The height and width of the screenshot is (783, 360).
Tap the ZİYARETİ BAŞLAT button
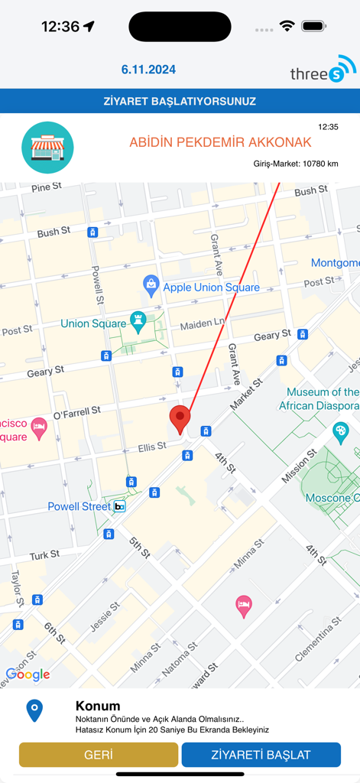[x=261, y=755]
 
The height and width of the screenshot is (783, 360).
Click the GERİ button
[x=98, y=755]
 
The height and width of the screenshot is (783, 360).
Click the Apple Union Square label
[x=211, y=288]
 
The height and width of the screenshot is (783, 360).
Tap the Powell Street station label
[x=79, y=506]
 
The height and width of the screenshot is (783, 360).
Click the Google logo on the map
[x=28, y=674]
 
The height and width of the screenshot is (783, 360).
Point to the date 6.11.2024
[x=148, y=70]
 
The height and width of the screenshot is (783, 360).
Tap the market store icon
[x=47, y=148]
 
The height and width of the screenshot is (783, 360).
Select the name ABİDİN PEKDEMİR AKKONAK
[x=220, y=143]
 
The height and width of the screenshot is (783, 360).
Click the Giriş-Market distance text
[x=296, y=164]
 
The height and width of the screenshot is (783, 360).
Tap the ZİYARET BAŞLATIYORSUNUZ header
[x=180, y=101]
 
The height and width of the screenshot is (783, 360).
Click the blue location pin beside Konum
[x=34, y=711]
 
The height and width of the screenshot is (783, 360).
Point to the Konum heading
[x=98, y=706]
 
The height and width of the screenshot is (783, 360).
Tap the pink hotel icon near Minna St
[x=244, y=606]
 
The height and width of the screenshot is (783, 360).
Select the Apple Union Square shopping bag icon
[x=151, y=286]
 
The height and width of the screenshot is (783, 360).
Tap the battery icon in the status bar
[x=313, y=26]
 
